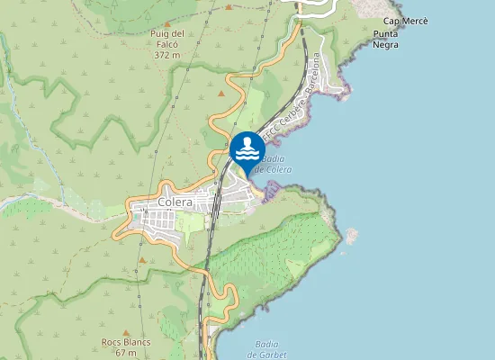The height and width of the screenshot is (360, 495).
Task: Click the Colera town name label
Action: [175, 203]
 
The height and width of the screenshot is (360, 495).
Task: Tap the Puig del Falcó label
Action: [167, 34]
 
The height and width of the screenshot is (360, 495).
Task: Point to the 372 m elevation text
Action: [167, 55]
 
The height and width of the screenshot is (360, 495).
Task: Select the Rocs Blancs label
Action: [126, 343]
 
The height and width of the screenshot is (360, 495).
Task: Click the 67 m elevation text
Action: [126, 353]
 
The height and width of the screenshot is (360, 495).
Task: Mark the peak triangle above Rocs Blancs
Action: [126, 331]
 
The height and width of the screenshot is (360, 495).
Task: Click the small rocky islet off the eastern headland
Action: [350, 236]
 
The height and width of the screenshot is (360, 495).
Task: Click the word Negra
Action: [386, 44]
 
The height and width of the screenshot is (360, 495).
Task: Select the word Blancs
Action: [139, 343]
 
